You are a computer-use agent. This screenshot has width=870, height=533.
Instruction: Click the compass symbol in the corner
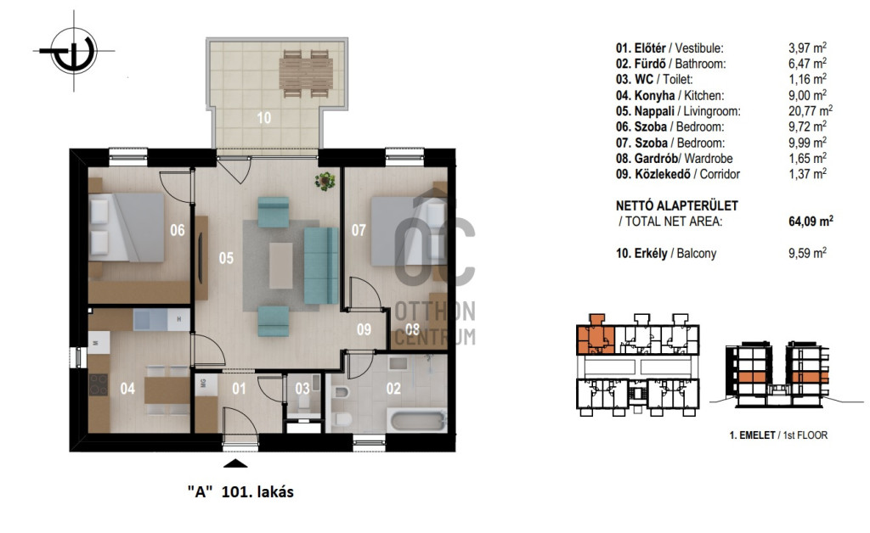[74, 51]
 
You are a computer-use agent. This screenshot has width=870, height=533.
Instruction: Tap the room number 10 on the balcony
[264, 117]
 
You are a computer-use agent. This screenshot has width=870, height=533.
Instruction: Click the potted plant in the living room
[325, 181]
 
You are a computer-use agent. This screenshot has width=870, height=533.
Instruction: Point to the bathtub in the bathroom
[418, 420]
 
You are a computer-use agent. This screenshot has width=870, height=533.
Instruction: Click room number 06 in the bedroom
[178, 230]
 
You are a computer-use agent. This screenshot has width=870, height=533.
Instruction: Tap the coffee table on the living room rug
[281, 266]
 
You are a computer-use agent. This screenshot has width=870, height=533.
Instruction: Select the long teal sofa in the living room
[320, 266]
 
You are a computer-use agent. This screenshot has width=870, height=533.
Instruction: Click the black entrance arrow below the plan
[235, 463]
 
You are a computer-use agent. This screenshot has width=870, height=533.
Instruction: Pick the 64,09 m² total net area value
[811, 222]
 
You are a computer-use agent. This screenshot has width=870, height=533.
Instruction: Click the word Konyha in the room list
[655, 95]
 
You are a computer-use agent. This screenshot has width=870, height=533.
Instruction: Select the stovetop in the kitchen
[99, 384]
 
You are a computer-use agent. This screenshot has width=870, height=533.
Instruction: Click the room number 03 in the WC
[302, 389]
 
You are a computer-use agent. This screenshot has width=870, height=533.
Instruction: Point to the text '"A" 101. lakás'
[240, 491]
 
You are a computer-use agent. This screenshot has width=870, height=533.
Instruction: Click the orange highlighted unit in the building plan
[596, 338]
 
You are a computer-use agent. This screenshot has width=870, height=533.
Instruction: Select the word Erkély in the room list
[651, 253]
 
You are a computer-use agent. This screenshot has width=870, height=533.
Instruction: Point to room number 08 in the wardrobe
[412, 329]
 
